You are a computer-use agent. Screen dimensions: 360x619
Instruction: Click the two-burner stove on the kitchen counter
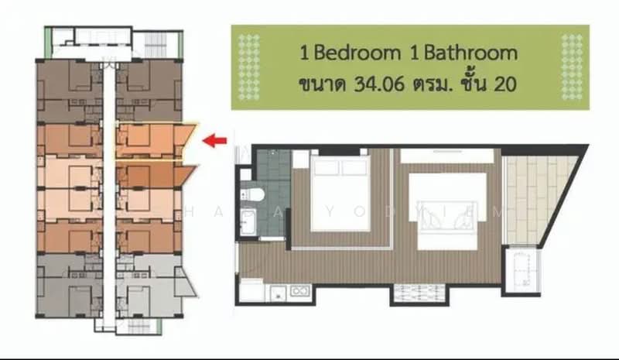coord(299,293)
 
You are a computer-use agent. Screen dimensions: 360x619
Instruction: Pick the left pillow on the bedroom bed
coord(327,168)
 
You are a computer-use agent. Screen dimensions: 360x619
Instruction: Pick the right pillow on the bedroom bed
coord(354,168)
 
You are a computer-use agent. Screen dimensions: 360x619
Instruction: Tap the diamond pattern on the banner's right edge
coord(573,67)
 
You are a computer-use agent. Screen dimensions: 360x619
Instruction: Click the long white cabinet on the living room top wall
coord(447,155)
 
